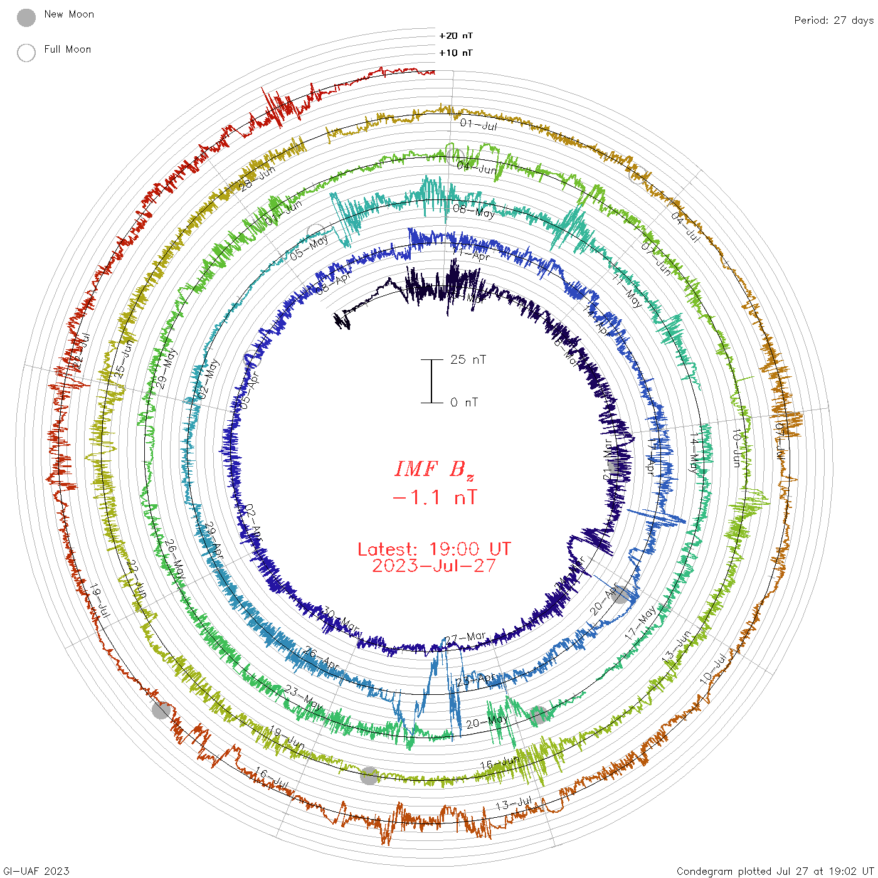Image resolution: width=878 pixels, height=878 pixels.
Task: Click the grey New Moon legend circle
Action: pos(26,18)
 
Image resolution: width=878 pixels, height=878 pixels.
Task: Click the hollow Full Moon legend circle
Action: pos(26,53)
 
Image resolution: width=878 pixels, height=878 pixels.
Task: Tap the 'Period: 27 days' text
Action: pos(833,20)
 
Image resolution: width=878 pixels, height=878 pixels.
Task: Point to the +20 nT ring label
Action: pos(456,36)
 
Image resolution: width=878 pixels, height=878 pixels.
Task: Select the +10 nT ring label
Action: pos(456,53)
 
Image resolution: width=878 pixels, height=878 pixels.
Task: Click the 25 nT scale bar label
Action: pos(468,359)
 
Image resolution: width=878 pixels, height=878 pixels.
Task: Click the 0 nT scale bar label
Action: pos(464,402)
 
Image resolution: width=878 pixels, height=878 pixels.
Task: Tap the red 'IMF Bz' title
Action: pos(434,468)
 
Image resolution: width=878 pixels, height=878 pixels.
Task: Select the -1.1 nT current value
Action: pos(434,497)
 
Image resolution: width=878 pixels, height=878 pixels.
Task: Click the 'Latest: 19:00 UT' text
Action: pos(434,549)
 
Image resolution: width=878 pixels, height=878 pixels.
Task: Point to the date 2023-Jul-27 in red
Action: pos(434,566)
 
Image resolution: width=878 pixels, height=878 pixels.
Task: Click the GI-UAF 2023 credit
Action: pos(36,870)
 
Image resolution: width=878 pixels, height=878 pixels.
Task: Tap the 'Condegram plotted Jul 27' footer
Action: pos(775,870)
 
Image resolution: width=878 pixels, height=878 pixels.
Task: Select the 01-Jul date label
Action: pos(479,125)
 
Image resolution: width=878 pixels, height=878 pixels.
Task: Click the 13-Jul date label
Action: pos(514,803)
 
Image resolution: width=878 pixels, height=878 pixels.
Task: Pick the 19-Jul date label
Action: pos(99,601)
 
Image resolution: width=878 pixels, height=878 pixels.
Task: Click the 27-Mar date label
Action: pos(465,638)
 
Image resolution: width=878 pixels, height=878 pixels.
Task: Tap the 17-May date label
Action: pos(641,622)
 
